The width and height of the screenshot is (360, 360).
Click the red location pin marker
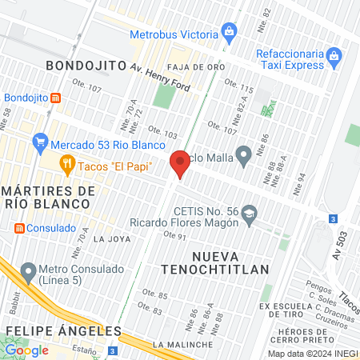point(179,164)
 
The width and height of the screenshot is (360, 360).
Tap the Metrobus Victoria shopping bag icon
point(230,34)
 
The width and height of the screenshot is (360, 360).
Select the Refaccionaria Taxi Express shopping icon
point(334,55)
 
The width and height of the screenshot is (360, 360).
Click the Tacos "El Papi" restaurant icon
point(67,166)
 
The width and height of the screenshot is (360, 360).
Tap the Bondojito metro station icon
point(56,98)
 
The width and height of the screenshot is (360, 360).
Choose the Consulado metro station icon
point(18,228)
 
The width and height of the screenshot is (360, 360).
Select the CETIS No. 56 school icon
point(250,212)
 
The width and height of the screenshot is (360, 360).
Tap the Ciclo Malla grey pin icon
point(246,158)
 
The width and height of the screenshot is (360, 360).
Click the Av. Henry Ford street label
point(159,78)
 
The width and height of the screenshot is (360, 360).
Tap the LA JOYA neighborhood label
point(111,238)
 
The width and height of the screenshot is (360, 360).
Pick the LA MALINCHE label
point(184,345)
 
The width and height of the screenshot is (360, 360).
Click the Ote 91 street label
point(174,234)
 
